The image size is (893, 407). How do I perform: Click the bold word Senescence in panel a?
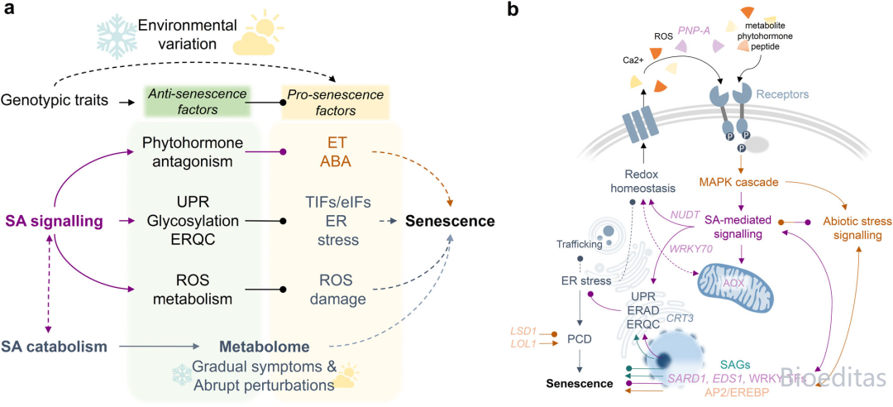pos(450,222)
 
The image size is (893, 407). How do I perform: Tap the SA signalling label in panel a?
pos(56,222)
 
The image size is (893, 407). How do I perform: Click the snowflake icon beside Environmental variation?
pos(112,36)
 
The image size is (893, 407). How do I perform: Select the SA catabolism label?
pos(55,346)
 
